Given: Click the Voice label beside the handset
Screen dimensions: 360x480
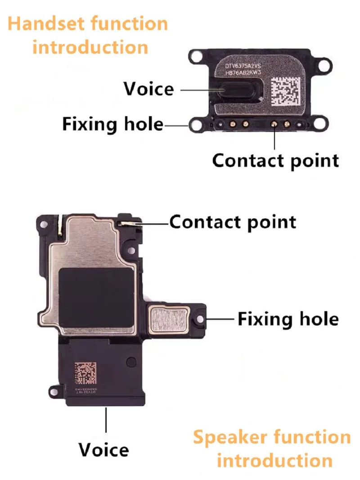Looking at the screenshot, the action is [x=149, y=89].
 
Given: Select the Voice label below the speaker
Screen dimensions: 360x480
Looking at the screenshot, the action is [x=103, y=449].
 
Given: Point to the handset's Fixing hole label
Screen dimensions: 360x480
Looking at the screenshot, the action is [x=112, y=124].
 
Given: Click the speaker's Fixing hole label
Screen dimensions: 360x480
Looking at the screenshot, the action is [x=288, y=319].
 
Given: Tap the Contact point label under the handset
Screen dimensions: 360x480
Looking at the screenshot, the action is [x=275, y=160].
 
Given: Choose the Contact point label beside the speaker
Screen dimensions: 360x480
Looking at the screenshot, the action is [x=233, y=222].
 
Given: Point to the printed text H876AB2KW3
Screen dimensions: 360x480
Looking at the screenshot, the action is [x=247, y=75].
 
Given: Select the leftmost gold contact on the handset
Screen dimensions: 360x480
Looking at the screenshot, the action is [x=234, y=123].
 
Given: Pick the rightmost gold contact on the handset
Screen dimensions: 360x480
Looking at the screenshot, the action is [x=286, y=123].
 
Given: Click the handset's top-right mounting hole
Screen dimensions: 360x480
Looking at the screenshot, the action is [x=322, y=63].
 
